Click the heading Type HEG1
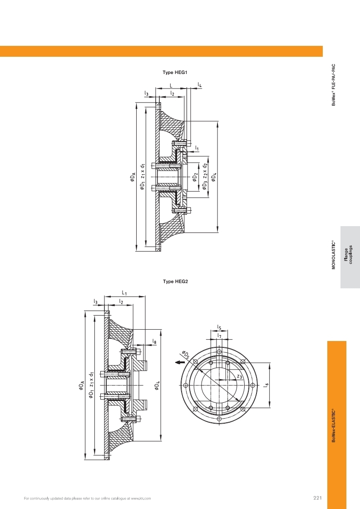(175, 72)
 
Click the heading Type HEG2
(175, 282)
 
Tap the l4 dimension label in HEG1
(200, 85)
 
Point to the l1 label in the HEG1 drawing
(197, 148)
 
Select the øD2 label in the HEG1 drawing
(195, 177)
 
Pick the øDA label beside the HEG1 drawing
(133, 177)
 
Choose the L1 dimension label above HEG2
(124, 293)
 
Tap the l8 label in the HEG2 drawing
(154, 341)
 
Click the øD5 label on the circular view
(186, 355)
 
